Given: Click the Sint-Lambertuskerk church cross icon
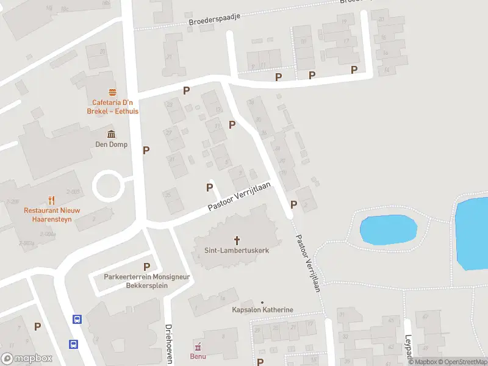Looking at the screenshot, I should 237,240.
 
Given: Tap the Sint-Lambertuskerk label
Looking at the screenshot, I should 237,250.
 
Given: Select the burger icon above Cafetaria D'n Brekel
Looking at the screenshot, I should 112,92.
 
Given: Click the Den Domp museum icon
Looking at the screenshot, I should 110,134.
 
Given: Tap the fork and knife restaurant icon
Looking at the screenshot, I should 51,199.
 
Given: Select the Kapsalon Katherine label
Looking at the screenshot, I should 262,310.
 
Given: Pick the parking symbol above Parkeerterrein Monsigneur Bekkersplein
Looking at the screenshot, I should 146,267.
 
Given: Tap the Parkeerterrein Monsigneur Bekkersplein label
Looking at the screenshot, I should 146,281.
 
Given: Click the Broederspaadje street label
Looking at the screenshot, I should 215,18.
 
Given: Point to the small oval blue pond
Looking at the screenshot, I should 389,230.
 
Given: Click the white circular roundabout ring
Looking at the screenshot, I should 107,185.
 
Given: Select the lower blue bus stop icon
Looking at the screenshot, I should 73,343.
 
